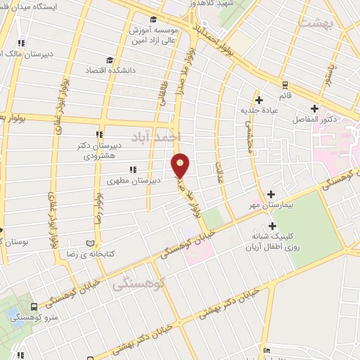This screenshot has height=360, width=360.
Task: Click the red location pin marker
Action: (x=181, y=165)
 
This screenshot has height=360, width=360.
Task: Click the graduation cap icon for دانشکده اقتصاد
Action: (x=110, y=60)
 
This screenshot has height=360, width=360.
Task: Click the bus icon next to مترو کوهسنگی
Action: (x=34, y=307)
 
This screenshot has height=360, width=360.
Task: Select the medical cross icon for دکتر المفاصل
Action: (x=314, y=108)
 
